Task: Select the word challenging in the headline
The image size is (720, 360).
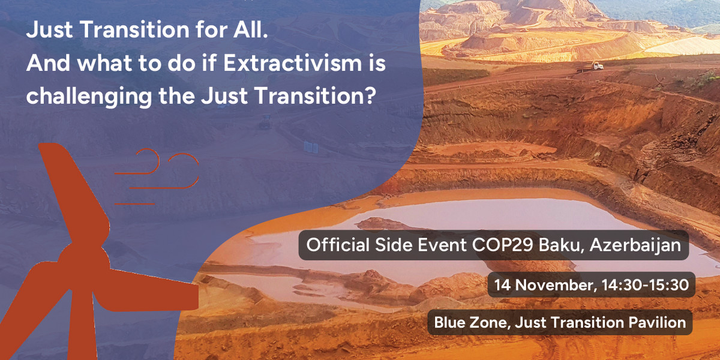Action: pyautogui.click(x=89, y=97)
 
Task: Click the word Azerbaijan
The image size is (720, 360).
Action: pyautogui.click(x=635, y=245)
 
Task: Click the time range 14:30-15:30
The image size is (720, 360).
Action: pyautogui.click(x=645, y=285)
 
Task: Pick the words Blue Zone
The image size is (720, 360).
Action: pyautogui.click(x=472, y=322)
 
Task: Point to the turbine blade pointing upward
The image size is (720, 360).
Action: pyautogui.click(x=74, y=193)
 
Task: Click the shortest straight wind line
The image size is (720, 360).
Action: pyautogui.click(x=134, y=204)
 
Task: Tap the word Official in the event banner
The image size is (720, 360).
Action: pyautogui.click(x=338, y=245)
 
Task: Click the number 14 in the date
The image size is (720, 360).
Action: pyautogui.click(x=502, y=286)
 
